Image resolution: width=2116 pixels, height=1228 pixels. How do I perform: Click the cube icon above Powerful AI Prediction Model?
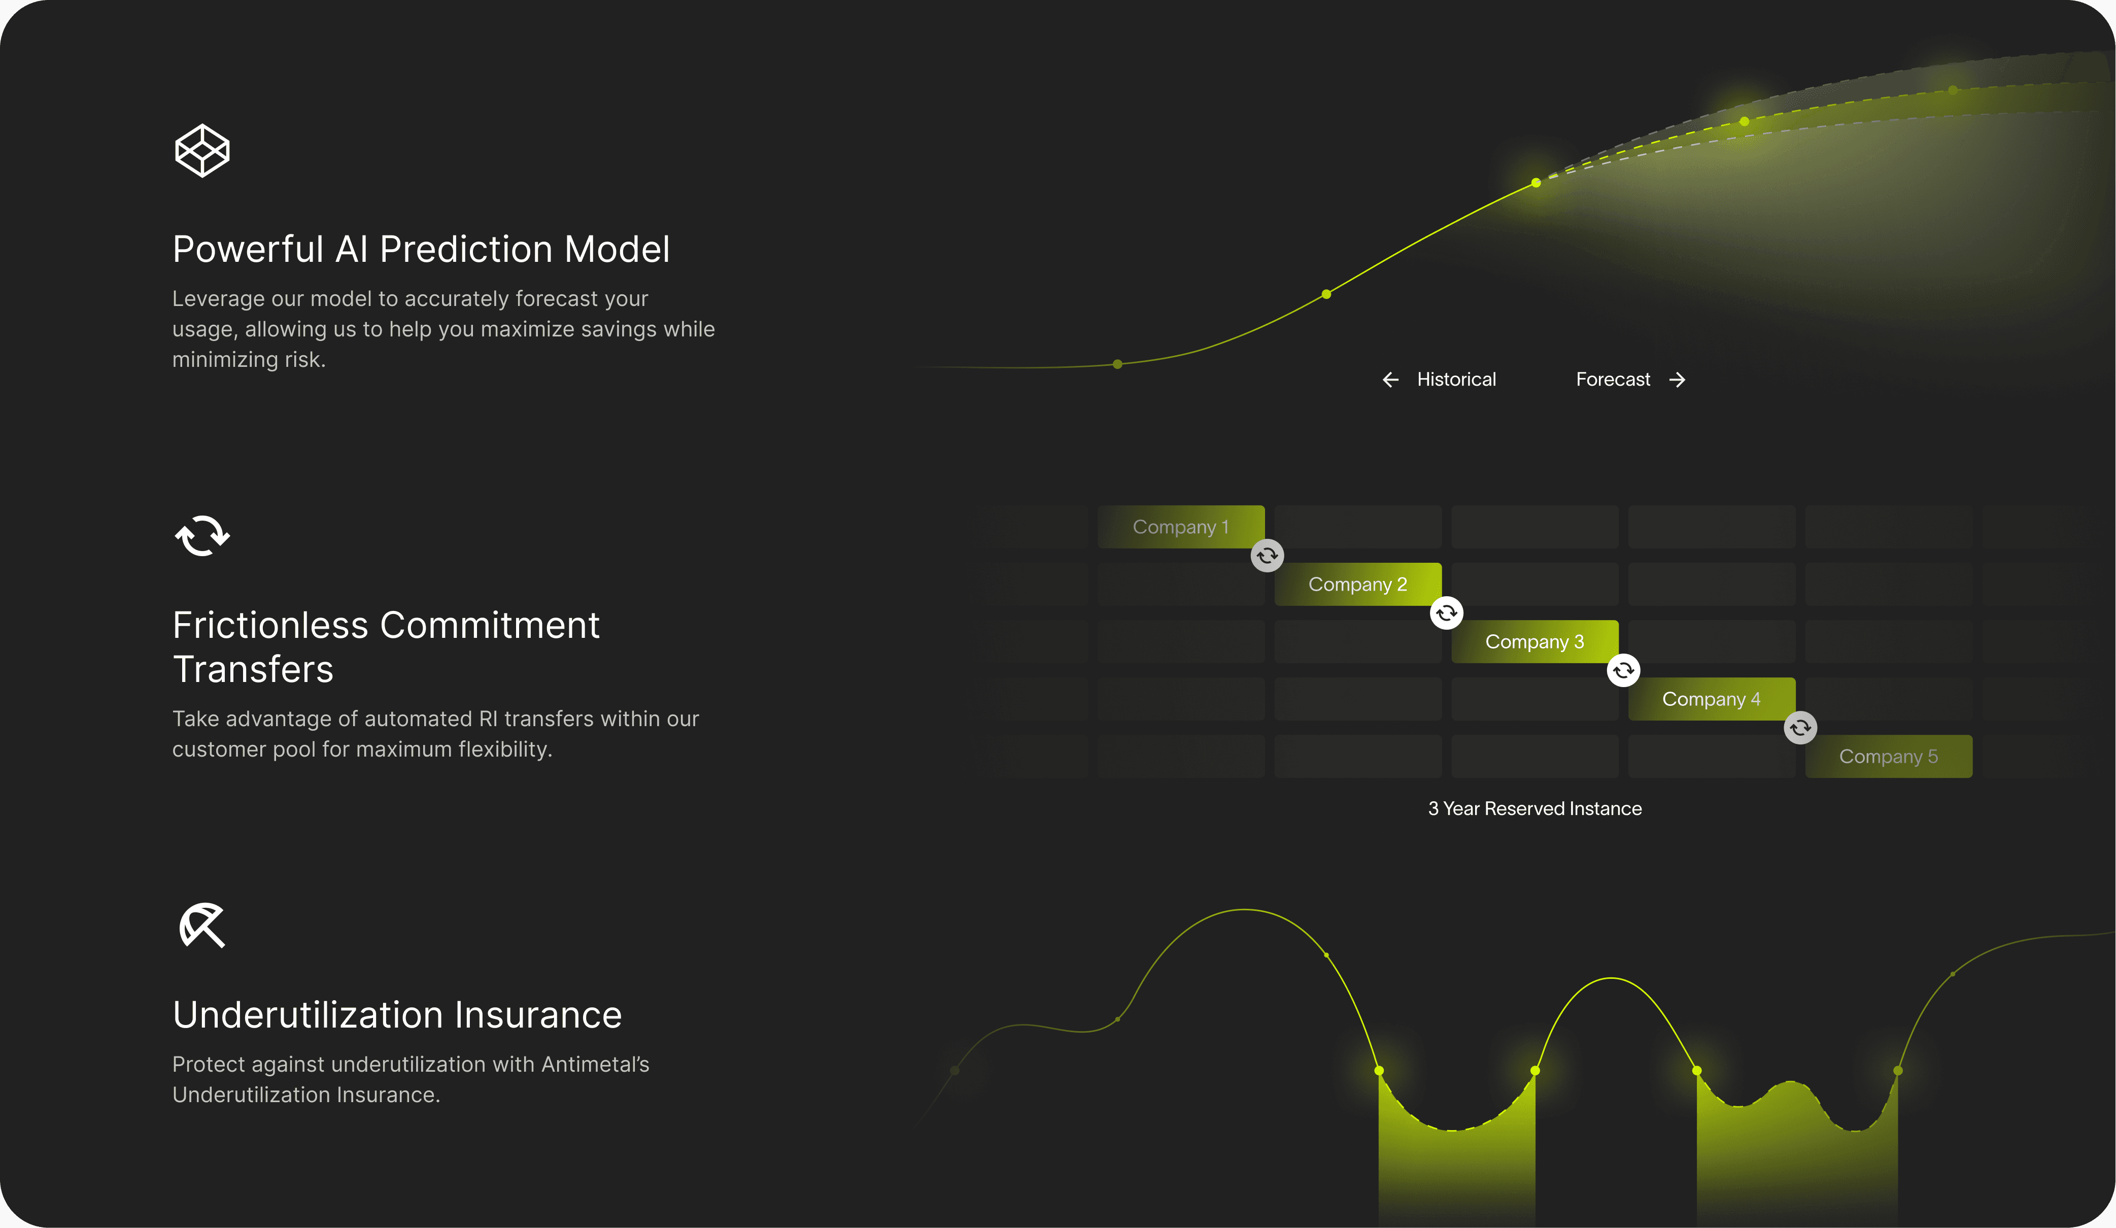tap(201, 151)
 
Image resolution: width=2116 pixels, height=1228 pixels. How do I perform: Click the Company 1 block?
tap(1181, 527)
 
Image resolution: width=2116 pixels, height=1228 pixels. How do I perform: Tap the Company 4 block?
tap(1711, 699)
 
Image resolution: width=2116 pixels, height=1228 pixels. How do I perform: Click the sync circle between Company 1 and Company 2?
tap(1267, 555)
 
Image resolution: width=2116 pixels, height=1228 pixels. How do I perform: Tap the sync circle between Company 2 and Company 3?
tap(1446, 613)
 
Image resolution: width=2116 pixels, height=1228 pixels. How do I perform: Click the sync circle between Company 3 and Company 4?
tap(1623, 670)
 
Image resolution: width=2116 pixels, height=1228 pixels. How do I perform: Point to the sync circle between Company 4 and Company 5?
tap(1800, 727)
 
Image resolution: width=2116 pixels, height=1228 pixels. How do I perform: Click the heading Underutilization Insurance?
tap(397, 1015)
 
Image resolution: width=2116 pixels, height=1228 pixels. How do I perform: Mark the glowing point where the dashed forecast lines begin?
tap(1536, 182)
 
